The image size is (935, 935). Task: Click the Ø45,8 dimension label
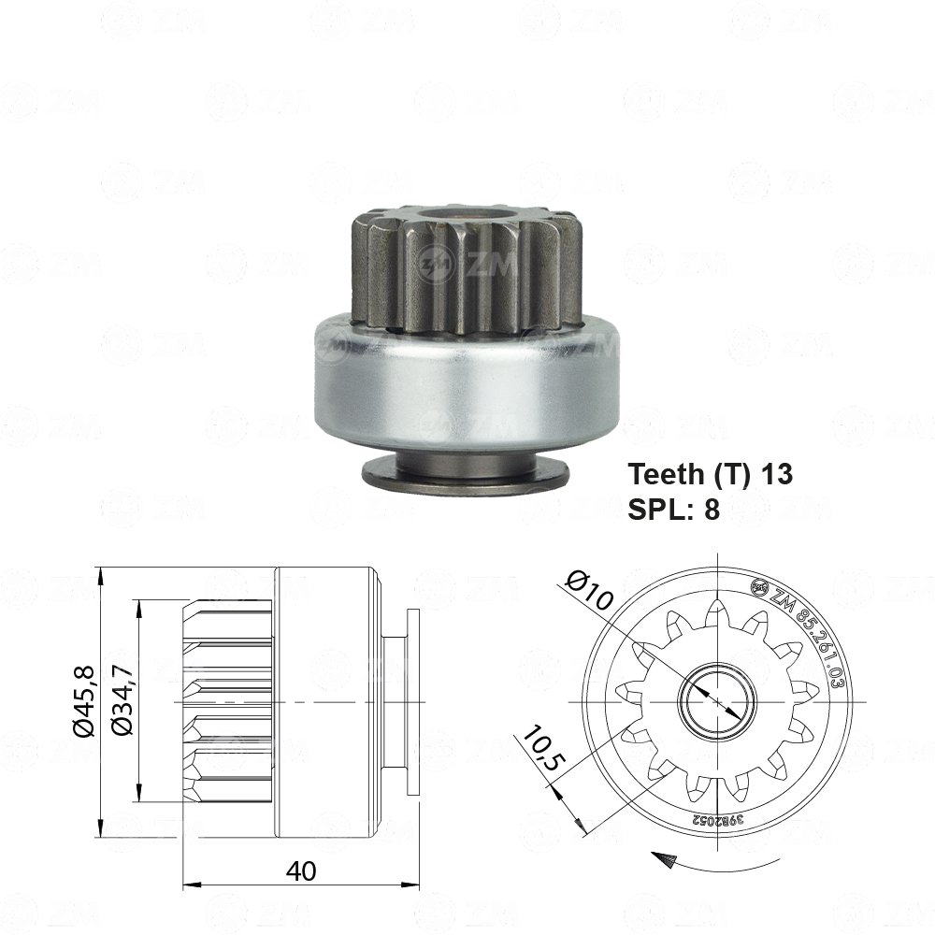click(x=83, y=700)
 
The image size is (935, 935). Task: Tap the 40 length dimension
click(x=301, y=870)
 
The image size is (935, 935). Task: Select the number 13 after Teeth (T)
click(x=776, y=474)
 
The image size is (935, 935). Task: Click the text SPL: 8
click(x=673, y=511)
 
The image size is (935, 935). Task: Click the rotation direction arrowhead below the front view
click(x=665, y=859)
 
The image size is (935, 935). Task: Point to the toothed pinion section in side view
click(x=228, y=700)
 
